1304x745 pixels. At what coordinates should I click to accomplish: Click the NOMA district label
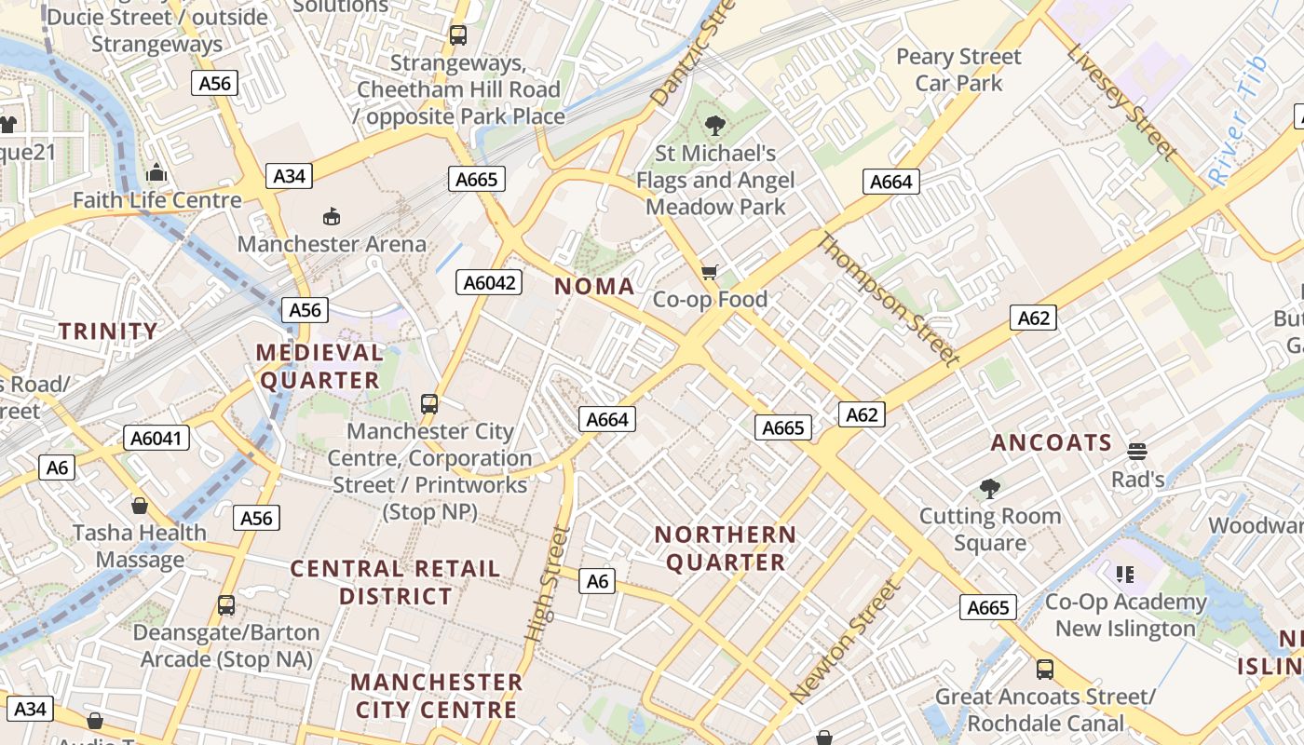pyautogui.click(x=594, y=287)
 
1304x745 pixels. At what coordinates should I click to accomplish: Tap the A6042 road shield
pyautogui.click(x=489, y=282)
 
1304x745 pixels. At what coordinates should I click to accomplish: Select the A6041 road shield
pyautogui.click(x=156, y=439)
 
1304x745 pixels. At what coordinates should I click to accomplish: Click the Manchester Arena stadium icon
pyautogui.click(x=331, y=216)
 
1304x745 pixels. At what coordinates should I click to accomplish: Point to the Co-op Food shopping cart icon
pyautogui.click(x=710, y=272)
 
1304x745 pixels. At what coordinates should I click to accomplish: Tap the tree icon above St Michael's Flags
pyautogui.click(x=715, y=125)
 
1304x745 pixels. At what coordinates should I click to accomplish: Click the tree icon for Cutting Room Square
pyautogui.click(x=989, y=488)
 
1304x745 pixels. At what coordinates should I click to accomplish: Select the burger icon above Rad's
pyautogui.click(x=1136, y=452)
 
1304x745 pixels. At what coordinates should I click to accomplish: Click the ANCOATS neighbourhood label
pyautogui.click(x=1052, y=442)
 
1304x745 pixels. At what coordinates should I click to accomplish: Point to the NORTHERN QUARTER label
pyautogui.click(x=726, y=549)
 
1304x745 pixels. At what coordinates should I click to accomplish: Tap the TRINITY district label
pyautogui.click(x=108, y=332)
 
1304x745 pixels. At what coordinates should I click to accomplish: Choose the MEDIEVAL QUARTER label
pyautogui.click(x=319, y=366)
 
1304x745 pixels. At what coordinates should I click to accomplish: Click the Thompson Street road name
pyautogui.click(x=889, y=299)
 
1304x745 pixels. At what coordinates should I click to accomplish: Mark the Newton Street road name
pyautogui.click(x=846, y=641)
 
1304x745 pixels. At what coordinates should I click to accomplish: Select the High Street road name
pyautogui.click(x=547, y=583)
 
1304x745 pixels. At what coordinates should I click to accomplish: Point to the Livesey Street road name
pyautogui.click(x=1122, y=102)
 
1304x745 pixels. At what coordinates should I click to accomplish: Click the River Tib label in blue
pyautogui.click(x=1237, y=119)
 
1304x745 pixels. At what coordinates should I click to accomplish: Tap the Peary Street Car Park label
pyautogui.click(x=958, y=70)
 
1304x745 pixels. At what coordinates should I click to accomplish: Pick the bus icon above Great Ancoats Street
pyautogui.click(x=1045, y=669)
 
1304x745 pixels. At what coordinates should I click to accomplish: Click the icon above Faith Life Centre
pyautogui.click(x=156, y=173)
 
